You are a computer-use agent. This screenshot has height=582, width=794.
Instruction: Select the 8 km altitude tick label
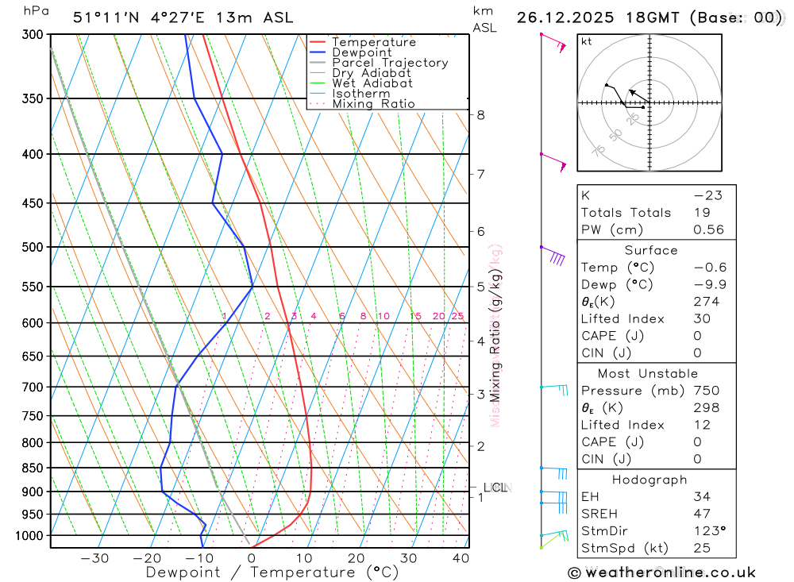coord(480,114)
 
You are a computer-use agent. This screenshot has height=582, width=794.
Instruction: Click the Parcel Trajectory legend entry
coord(389,63)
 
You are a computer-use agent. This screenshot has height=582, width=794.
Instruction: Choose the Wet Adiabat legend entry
coord(372,83)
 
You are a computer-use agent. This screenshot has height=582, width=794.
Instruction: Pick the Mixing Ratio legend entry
coord(373,104)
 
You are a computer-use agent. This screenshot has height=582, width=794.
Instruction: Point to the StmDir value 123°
coord(707,531)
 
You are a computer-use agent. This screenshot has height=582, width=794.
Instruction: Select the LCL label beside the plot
coord(495,488)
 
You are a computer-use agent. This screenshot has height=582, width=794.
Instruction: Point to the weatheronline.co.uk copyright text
coord(661,572)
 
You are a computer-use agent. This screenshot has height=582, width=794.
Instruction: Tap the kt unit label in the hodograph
coord(586,41)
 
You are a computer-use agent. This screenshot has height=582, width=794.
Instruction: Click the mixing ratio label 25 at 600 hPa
coord(457,316)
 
